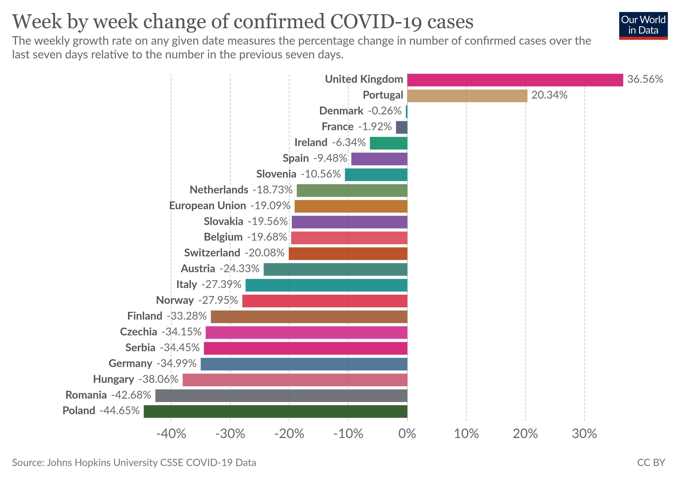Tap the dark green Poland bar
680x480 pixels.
click(x=275, y=411)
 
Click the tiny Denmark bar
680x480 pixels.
click(x=406, y=112)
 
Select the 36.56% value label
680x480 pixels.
click(x=645, y=79)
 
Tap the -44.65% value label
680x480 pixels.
click(x=120, y=411)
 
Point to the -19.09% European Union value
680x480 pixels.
click(x=270, y=206)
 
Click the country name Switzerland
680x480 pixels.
click(x=212, y=253)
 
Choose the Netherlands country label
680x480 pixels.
click(x=219, y=190)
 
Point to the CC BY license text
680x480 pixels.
click(x=651, y=463)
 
